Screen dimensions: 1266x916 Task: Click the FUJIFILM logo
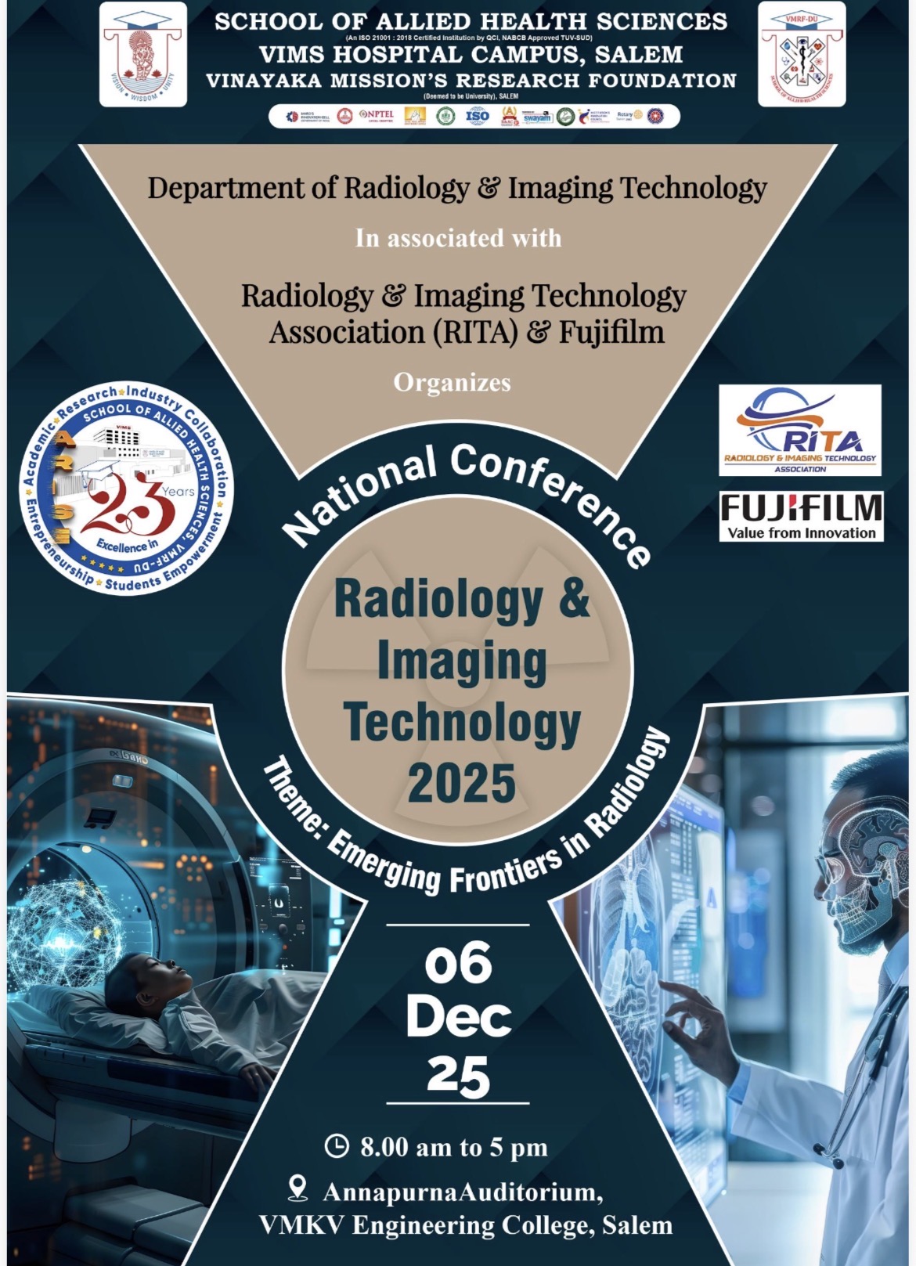coord(801,516)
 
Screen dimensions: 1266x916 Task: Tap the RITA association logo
coord(800,430)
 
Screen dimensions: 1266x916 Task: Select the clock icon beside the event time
coord(336,1146)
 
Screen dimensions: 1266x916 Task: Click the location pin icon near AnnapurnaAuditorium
coord(298,1188)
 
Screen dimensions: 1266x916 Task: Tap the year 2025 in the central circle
coord(461,782)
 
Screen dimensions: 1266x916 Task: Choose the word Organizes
coord(452,382)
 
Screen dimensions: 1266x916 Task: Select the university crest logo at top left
coord(142,55)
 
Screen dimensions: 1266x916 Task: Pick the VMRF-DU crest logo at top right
coord(801,55)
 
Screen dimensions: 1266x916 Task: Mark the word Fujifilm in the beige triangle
coord(611,332)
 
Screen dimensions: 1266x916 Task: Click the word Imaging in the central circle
coord(461,661)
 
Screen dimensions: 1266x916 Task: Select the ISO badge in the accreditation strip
coord(477,116)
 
